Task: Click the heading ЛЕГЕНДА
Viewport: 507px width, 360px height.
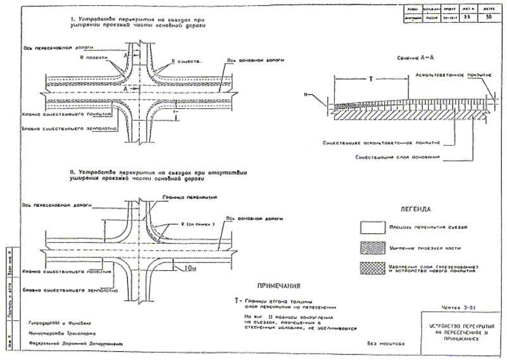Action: [415, 209]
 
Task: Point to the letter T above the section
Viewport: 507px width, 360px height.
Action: [370, 80]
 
